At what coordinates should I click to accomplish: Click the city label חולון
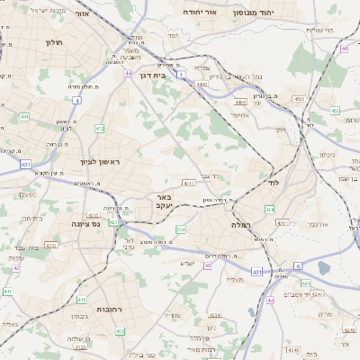[51, 41]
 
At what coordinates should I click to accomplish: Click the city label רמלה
[244, 223]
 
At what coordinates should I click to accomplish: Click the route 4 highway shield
[77, 101]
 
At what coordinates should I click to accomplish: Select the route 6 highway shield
[298, 266]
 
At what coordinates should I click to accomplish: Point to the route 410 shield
[81, 300]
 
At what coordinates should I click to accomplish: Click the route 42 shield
[16, 267]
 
